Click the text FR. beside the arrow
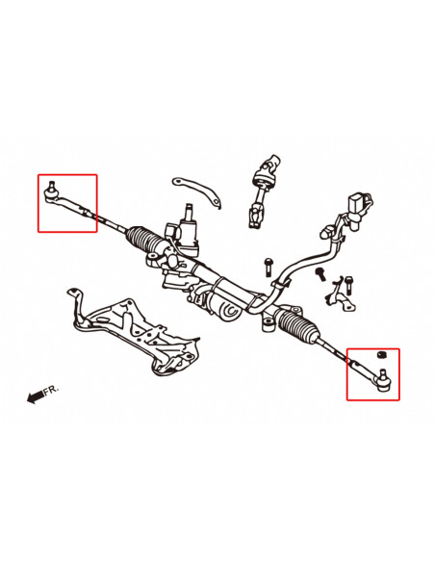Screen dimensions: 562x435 (x=52, y=389)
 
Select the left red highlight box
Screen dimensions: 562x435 (x=67, y=202)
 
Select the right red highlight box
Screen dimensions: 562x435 (x=372, y=373)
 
